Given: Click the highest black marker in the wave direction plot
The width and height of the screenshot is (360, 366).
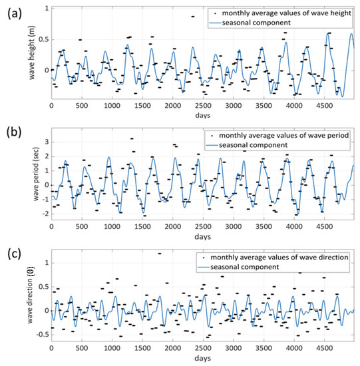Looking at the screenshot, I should pyautogui.click(x=160, y=254).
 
